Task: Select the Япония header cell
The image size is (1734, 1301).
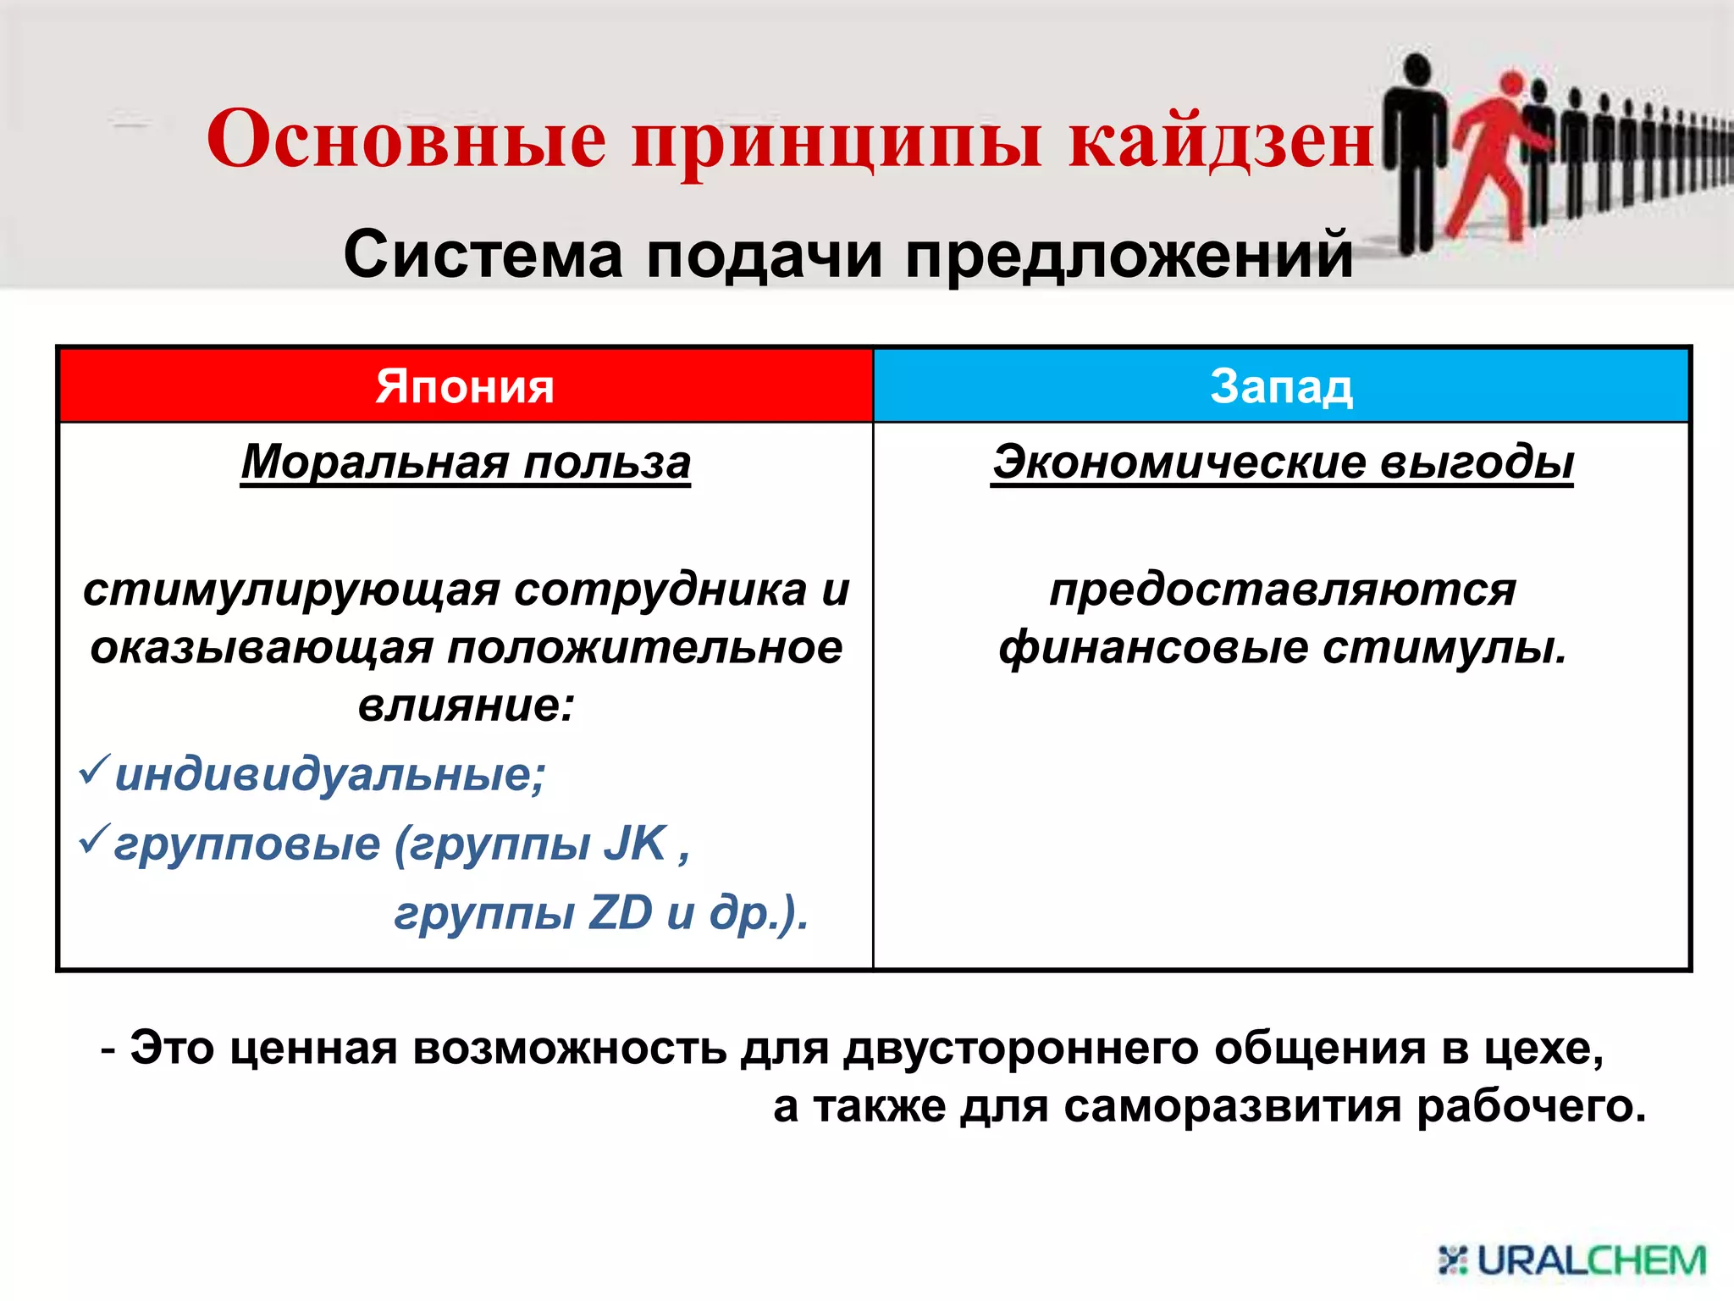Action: (x=465, y=386)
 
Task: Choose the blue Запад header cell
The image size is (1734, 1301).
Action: (x=1281, y=386)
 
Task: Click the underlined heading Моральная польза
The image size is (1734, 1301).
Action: (x=466, y=462)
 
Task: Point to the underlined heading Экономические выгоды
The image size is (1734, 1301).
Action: (x=1283, y=462)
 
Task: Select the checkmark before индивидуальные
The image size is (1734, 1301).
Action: (x=92, y=769)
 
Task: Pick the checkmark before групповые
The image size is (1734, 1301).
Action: (x=92, y=839)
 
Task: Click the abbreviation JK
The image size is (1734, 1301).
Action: (x=635, y=844)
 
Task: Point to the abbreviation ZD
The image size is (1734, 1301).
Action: (x=621, y=913)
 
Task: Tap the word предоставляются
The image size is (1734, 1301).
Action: (x=1283, y=590)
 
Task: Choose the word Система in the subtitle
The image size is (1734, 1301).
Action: (x=483, y=255)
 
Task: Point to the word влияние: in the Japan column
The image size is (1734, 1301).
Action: (x=466, y=706)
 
